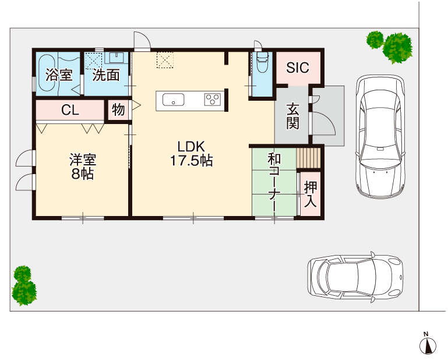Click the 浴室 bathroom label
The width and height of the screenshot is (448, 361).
click(59, 75)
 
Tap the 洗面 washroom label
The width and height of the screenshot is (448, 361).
click(106, 75)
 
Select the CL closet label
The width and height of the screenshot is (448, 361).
click(70, 111)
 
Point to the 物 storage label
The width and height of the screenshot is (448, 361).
click(118, 110)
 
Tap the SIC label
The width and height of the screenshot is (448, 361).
click(297, 67)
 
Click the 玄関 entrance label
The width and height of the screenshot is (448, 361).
click(292, 115)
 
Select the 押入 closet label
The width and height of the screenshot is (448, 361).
click(311, 194)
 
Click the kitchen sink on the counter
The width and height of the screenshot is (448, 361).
click(174, 100)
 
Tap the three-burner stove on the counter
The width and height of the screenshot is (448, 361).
click(211, 100)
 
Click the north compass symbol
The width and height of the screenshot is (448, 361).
click(428, 345)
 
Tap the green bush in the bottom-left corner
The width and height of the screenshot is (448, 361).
click(23, 286)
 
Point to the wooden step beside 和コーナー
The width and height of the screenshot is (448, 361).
click(308, 158)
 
